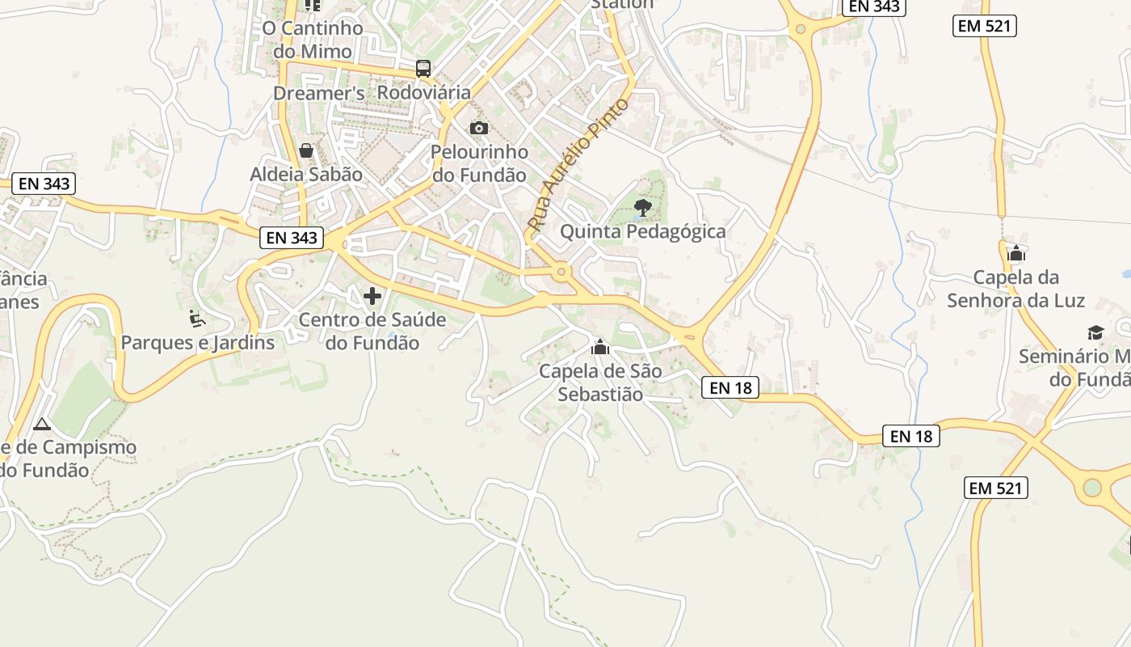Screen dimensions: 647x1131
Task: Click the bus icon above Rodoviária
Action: [x=423, y=68]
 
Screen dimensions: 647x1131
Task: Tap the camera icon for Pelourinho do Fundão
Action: [x=479, y=128]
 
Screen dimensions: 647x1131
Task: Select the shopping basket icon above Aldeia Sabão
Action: [x=306, y=150]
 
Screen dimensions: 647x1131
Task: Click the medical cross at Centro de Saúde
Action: [x=372, y=296]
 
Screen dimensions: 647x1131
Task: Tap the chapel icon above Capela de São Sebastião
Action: [x=600, y=348]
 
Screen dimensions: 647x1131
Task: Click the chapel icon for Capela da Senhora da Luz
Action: [x=1016, y=253]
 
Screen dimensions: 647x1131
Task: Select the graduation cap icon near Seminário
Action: [x=1095, y=332]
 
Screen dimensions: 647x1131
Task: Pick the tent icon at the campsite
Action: [x=42, y=424]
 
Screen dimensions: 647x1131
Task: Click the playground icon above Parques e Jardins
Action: [x=196, y=318]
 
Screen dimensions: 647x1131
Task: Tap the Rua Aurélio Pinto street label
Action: [x=578, y=164]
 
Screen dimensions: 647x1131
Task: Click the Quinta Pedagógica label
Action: [x=643, y=232]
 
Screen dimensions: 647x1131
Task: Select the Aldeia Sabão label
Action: [x=306, y=174]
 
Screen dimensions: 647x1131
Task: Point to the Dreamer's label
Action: [x=319, y=93]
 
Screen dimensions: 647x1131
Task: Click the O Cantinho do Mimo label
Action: [x=313, y=40]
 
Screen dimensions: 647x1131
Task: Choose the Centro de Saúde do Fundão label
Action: [x=372, y=331]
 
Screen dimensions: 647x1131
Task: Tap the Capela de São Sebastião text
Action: [x=600, y=383]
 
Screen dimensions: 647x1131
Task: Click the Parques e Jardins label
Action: [x=198, y=342]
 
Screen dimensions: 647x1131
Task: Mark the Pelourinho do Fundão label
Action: [x=479, y=163]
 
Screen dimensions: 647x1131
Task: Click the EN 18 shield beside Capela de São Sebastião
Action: [x=730, y=388]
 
